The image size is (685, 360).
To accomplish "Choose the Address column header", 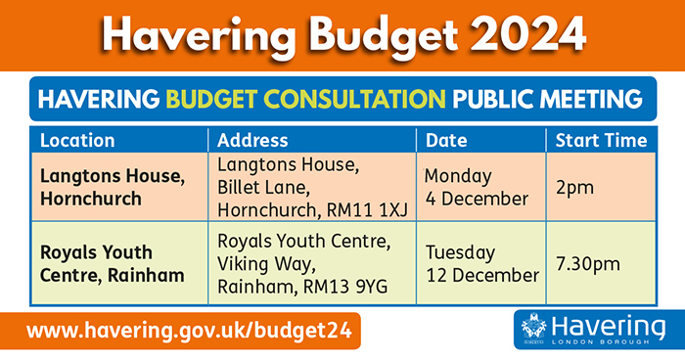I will coord(252,140).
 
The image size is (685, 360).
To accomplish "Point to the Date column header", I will coord(446,140).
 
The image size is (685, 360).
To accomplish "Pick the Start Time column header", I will coord(601,140).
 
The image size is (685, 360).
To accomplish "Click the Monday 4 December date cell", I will coord(476,187).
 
